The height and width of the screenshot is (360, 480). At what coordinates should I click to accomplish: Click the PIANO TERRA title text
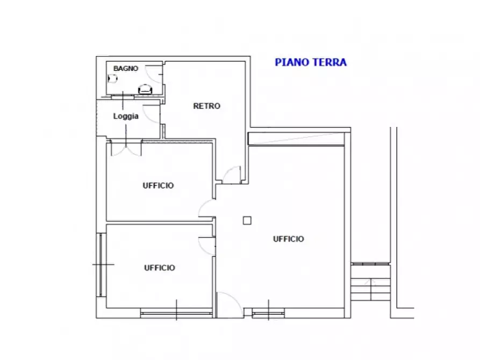[311, 62]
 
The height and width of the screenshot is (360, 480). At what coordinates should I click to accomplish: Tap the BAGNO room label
[126, 69]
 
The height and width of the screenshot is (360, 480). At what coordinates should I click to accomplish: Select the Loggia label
[126, 116]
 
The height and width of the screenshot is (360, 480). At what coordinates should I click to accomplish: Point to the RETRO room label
[206, 106]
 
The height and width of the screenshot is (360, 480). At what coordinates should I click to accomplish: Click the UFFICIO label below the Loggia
[158, 186]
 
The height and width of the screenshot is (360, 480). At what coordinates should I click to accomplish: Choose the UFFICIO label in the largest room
[288, 239]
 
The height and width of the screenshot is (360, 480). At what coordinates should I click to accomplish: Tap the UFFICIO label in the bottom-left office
[159, 268]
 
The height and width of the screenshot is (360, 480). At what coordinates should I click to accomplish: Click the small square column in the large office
[247, 220]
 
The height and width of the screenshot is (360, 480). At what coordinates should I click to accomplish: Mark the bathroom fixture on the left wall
[112, 78]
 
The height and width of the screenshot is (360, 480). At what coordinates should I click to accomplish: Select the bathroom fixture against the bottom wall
[145, 90]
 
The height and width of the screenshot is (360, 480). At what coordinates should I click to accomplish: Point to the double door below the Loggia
[126, 147]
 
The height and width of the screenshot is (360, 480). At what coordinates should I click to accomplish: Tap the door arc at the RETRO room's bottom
[232, 174]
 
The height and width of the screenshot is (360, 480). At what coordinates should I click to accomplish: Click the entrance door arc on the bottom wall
[228, 304]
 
